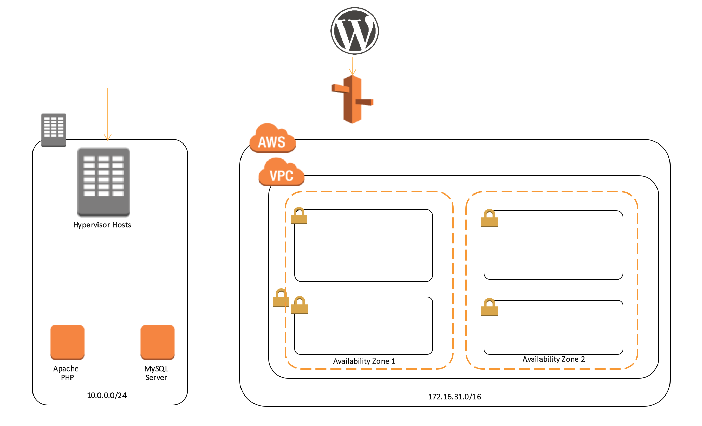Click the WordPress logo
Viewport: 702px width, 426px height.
tap(355, 31)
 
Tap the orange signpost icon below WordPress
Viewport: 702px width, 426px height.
tap(352, 99)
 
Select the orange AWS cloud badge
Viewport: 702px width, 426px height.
tap(272, 139)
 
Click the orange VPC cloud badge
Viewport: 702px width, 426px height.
tap(281, 173)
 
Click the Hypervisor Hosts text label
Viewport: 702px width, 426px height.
tap(102, 225)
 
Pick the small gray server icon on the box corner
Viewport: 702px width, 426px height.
tap(54, 130)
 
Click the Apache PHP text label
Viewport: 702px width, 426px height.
tap(66, 373)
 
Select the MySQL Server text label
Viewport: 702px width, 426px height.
tap(156, 373)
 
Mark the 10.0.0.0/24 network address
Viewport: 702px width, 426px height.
tap(107, 396)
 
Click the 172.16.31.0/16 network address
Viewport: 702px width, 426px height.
tap(455, 397)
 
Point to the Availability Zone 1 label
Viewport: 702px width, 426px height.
tap(364, 361)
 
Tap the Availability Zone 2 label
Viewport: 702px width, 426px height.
tap(554, 359)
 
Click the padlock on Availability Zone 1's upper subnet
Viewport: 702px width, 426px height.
tap(299, 216)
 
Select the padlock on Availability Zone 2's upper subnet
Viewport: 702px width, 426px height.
tap(490, 219)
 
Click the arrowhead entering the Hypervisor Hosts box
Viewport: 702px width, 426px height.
tap(108, 138)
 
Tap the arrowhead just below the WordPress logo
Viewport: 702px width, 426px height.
tap(353, 73)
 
